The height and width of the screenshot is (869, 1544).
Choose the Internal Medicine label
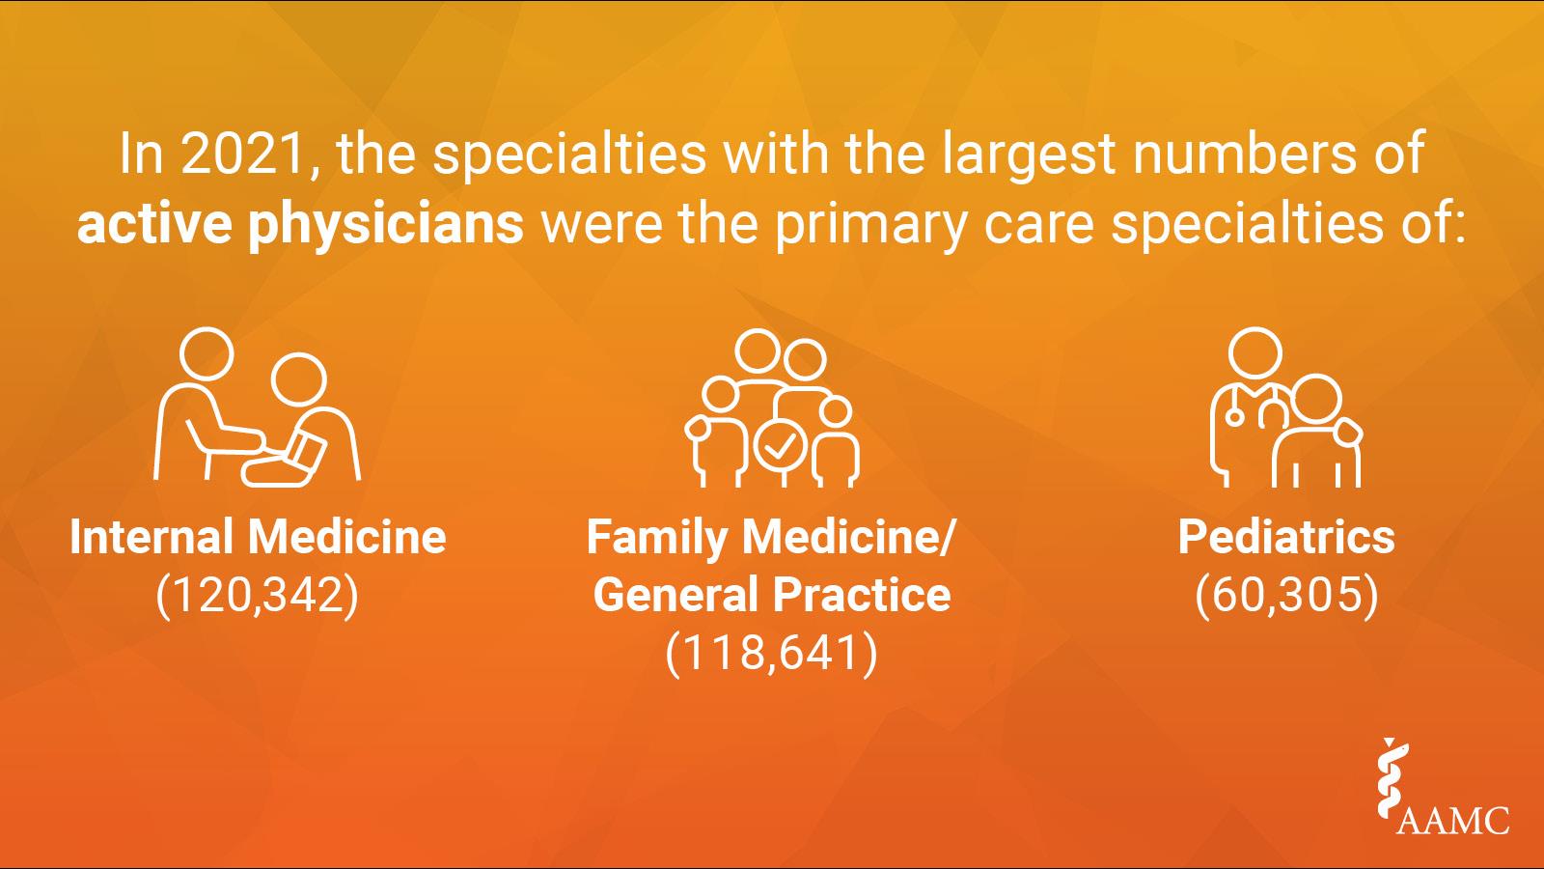tap(258, 537)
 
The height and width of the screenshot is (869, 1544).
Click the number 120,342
tap(258, 596)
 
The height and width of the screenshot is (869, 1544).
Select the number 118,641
tap(771, 654)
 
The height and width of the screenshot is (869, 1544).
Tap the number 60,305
tap(1286, 596)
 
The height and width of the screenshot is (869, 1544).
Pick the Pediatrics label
tap(1286, 537)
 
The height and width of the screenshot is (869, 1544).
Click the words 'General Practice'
tap(771, 595)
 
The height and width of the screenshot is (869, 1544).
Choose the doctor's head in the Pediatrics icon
tap(1255, 352)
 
